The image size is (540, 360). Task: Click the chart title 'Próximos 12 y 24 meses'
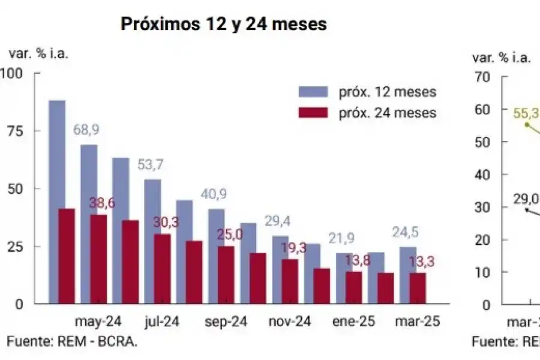[x=223, y=24]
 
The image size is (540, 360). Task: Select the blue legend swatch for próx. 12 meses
[x=313, y=92]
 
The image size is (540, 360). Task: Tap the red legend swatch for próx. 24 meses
[x=313, y=113]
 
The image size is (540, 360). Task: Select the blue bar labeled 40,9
[x=217, y=255]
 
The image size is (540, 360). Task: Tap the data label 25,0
[x=230, y=235]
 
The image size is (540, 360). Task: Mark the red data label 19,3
[x=294, y=247]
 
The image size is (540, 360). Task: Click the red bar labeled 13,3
[x=418, y=288]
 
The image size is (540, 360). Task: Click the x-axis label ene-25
[x=354, y=322]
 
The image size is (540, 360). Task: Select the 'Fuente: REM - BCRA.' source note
[x=71, y=341]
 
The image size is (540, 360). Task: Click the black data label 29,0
[x=526, y=199]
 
